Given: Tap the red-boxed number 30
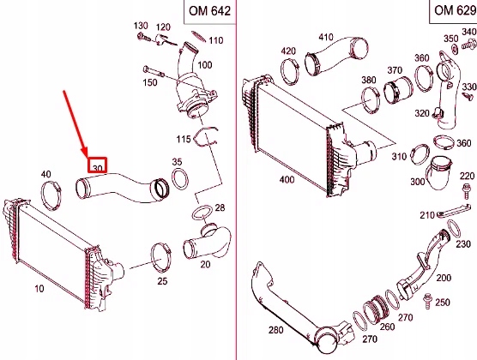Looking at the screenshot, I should pos(98,167).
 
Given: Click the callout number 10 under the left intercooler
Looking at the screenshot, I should pos(39,289).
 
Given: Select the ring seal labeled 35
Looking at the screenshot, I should pos(181,179).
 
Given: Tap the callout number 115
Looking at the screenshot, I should pos(183,139).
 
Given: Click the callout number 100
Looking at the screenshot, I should pos(204,65).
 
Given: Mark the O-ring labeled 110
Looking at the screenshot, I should pos(196,37).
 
